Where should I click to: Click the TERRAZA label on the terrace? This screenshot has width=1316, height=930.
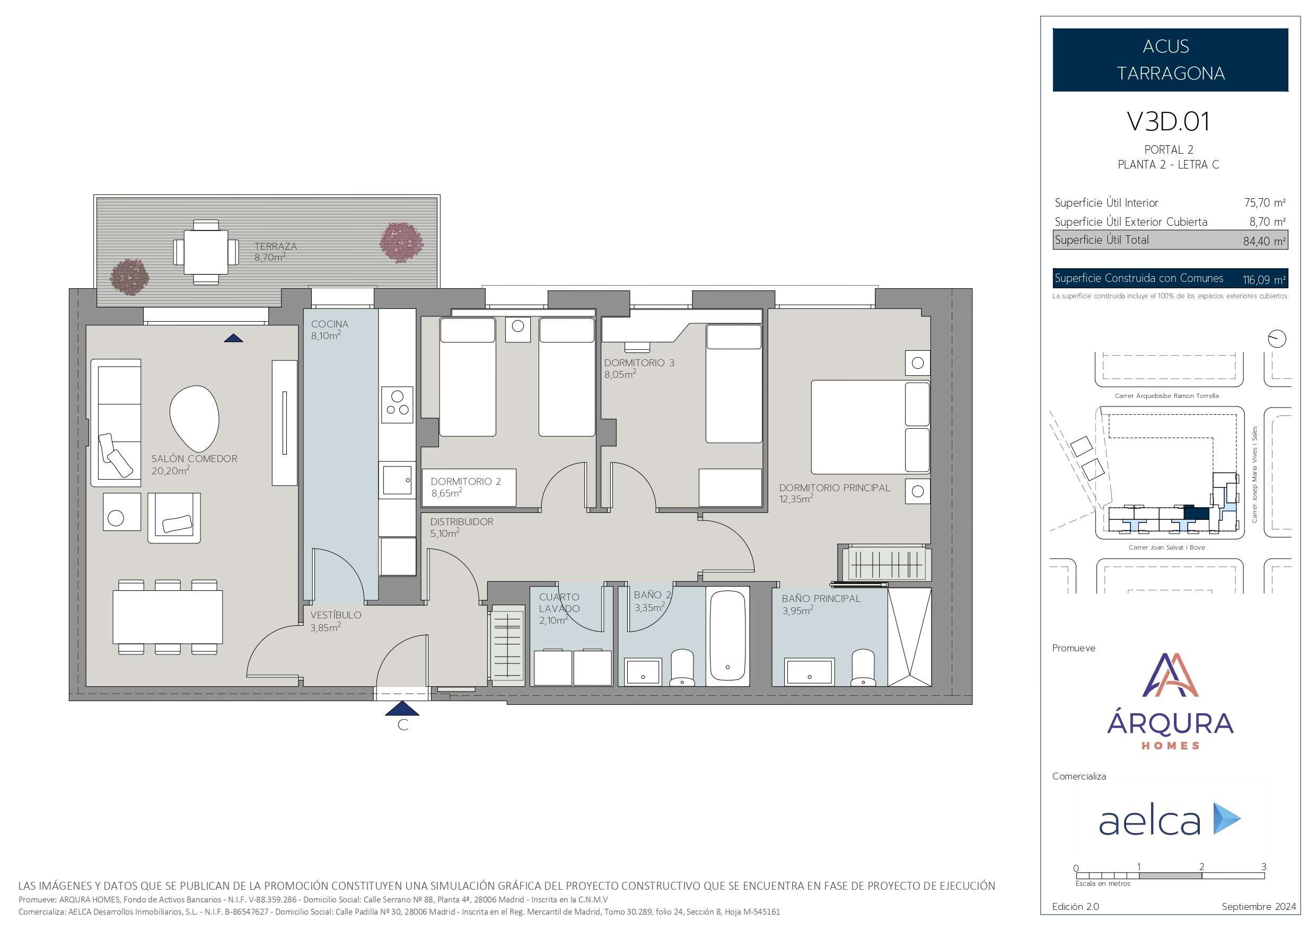coord(276,246)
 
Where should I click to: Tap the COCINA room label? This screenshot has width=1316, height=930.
coord(330,324)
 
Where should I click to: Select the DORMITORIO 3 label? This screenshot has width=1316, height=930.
coord(639,362)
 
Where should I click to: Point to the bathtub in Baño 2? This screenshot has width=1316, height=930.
coord(728,636)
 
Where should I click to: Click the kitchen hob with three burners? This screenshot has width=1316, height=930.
coord(397,404)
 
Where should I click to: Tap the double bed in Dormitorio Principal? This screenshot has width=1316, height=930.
coord(870,427)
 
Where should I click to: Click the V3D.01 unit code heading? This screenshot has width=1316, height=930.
coord(1168,121)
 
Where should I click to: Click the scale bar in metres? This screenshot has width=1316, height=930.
coord(1170,875)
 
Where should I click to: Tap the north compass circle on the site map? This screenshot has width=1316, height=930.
coord(1277,339)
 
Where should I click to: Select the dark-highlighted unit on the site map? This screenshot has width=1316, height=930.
coord(1197,513)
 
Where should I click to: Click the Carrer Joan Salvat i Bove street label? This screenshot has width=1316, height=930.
coord(1166,547)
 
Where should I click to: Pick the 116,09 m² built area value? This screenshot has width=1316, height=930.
coord(1264,280)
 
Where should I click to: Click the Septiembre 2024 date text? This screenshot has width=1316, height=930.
coord(1259,907)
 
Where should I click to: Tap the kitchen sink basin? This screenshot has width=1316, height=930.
coord(397,480)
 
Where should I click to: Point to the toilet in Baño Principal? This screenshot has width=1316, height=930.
coord(863,668)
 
